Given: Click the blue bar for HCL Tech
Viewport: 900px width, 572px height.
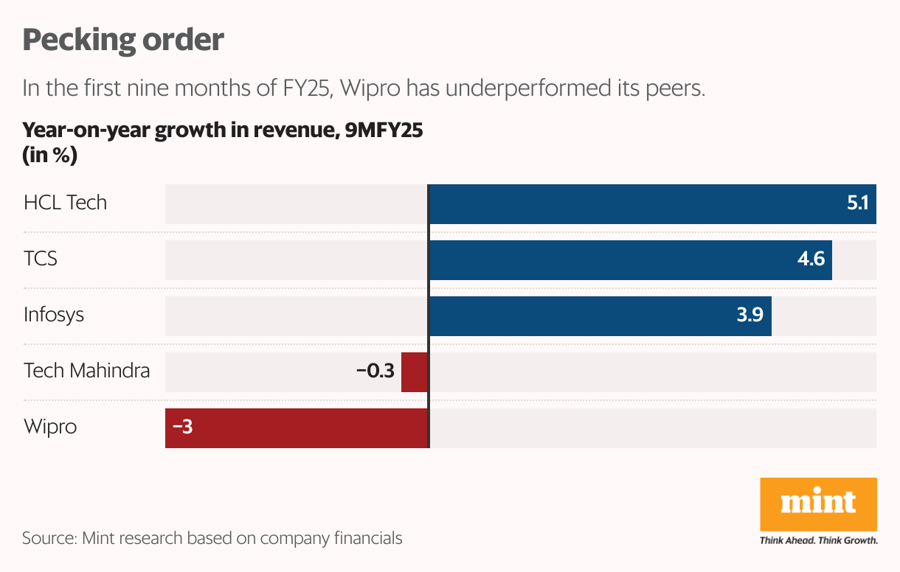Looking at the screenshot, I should (634, 204).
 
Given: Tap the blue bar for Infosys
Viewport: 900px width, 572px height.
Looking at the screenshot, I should (583, 316).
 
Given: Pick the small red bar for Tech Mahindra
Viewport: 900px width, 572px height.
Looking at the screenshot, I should (415, 372).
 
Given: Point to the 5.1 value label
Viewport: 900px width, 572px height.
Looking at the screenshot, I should (857, 204).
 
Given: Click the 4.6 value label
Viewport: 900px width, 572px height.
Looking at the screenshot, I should (811, 260).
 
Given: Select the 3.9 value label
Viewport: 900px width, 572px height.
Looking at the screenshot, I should (750, 316).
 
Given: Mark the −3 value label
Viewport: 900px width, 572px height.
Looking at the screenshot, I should (182, 428).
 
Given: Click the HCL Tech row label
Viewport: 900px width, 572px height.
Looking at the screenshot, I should (65, 203).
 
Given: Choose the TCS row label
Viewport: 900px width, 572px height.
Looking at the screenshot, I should (41, 259).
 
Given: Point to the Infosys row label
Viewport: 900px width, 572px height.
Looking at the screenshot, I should (54, 315).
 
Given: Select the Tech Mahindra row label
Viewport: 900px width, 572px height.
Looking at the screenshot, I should (86, 370).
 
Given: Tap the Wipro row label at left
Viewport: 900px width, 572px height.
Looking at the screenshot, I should (50, 427).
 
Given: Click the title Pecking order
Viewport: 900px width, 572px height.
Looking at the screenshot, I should (122, 40).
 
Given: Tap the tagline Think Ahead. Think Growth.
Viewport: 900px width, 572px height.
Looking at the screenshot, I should (818, 540).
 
